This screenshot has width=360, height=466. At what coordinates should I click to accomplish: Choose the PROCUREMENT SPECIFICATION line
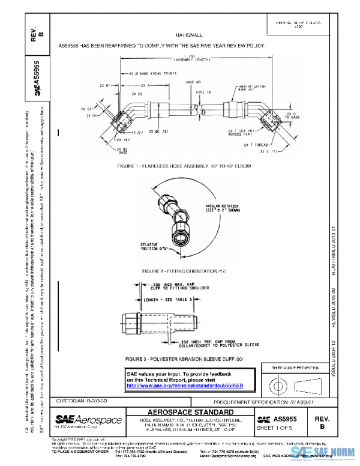[264, 401]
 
